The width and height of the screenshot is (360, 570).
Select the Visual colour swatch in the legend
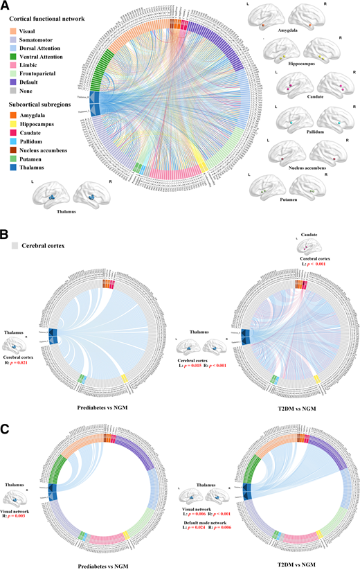point(14,31)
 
